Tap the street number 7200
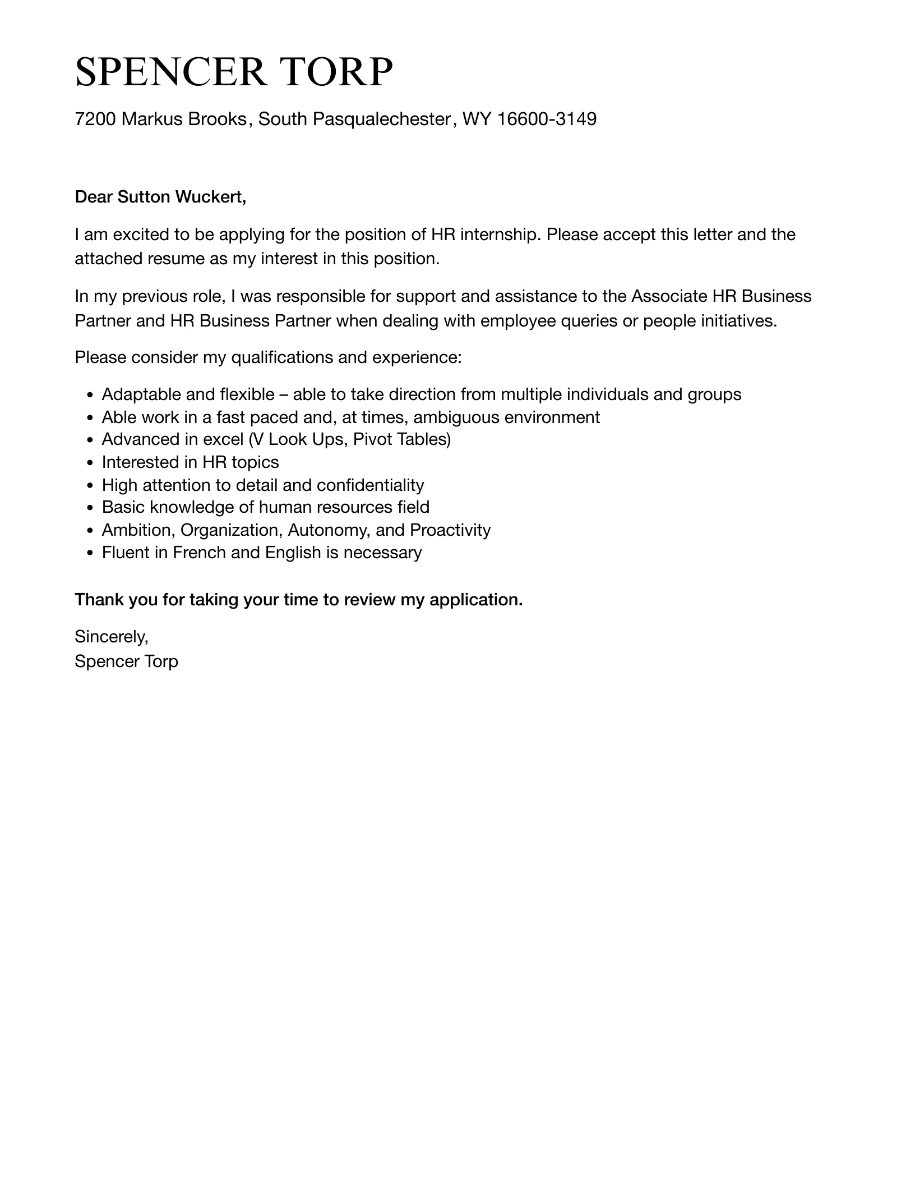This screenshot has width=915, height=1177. pyautogui.click(x=95, y=119)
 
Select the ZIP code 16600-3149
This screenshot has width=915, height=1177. pyautogui.click(x=547, y=119)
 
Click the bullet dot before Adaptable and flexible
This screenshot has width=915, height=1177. pyautogui.click(x=90, y=396)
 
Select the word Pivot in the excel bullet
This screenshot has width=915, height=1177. pyautogui.click(x=372, y=439)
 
